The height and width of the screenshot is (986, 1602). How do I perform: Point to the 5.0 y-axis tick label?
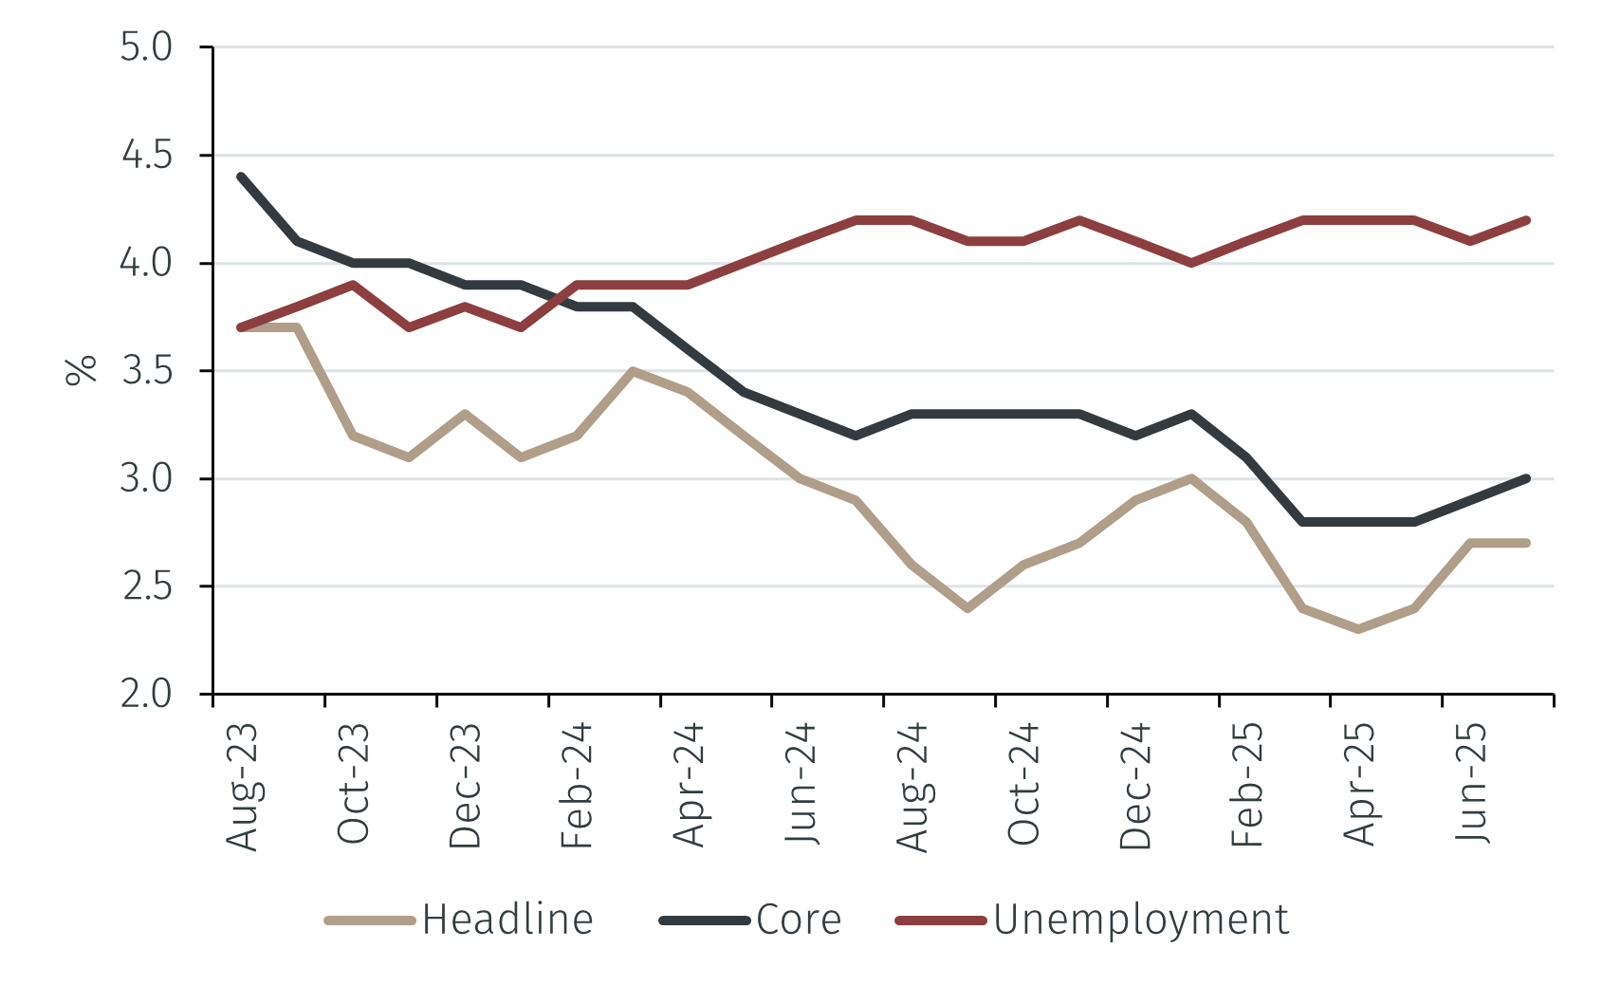point(146,47)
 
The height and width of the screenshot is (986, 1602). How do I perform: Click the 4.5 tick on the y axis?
point(146,155)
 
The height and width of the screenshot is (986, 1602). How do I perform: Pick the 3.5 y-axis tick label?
point(146,371)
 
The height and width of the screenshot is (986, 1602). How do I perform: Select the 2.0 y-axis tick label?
point(146,695)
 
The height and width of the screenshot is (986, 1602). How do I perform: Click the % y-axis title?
point(82,370)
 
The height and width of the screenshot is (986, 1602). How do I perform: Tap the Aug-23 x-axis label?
point(242,787)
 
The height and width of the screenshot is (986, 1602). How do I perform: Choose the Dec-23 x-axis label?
point(466,787)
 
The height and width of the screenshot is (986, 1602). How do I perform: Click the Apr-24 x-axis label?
point(690,785)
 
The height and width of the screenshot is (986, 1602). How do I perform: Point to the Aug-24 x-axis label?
point(912,787)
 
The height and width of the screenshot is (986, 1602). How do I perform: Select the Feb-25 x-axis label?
point(1247,785)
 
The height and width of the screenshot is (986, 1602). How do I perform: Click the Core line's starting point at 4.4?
point(241,177)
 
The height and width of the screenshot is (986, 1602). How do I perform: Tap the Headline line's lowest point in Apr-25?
point(1359,629)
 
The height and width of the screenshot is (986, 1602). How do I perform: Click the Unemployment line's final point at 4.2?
point(1526,220)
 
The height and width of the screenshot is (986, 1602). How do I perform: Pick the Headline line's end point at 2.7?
point(1526,543)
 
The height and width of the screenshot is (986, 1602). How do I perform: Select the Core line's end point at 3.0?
point(1526,478)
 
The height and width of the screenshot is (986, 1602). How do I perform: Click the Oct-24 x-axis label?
point(1024,785)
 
